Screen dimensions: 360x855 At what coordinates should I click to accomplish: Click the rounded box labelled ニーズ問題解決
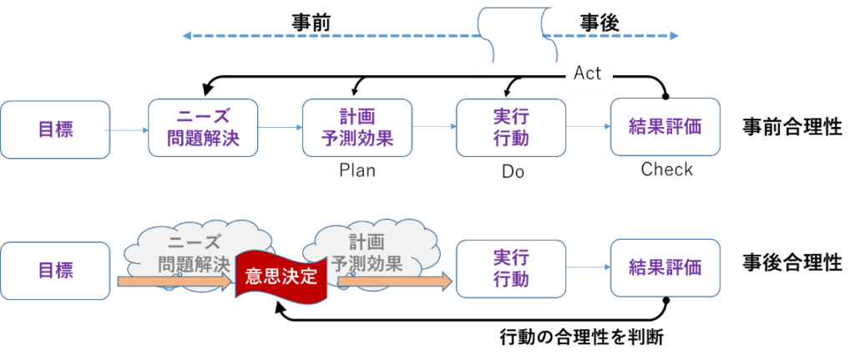[x=203, y=128]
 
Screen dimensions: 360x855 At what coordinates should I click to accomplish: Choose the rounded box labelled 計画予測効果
[x=357, y=128]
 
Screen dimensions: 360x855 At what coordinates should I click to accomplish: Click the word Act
[x=588, y=74]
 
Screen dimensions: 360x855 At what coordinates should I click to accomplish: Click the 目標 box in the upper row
[x=55, y=129]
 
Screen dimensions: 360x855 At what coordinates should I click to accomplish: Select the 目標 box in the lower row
[x=55, y=271]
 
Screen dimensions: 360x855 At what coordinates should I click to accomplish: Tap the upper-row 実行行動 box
[x=511, y=128]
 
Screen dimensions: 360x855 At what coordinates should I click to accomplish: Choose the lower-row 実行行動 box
[x=511, y=269]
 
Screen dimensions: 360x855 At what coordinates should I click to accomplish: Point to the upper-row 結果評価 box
[x=665, y=127]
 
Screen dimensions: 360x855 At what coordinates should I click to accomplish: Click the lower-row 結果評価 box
[x=665, y=268]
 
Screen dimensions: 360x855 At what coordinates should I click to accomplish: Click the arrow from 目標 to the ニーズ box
[x=129, y=130]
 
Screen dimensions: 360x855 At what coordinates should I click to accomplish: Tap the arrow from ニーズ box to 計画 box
[x=281, y=128]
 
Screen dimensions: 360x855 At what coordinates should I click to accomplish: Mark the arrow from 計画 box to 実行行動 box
[x=434, y=127]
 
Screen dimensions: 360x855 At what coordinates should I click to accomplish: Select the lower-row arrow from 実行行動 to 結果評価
[x=589, y=268]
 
